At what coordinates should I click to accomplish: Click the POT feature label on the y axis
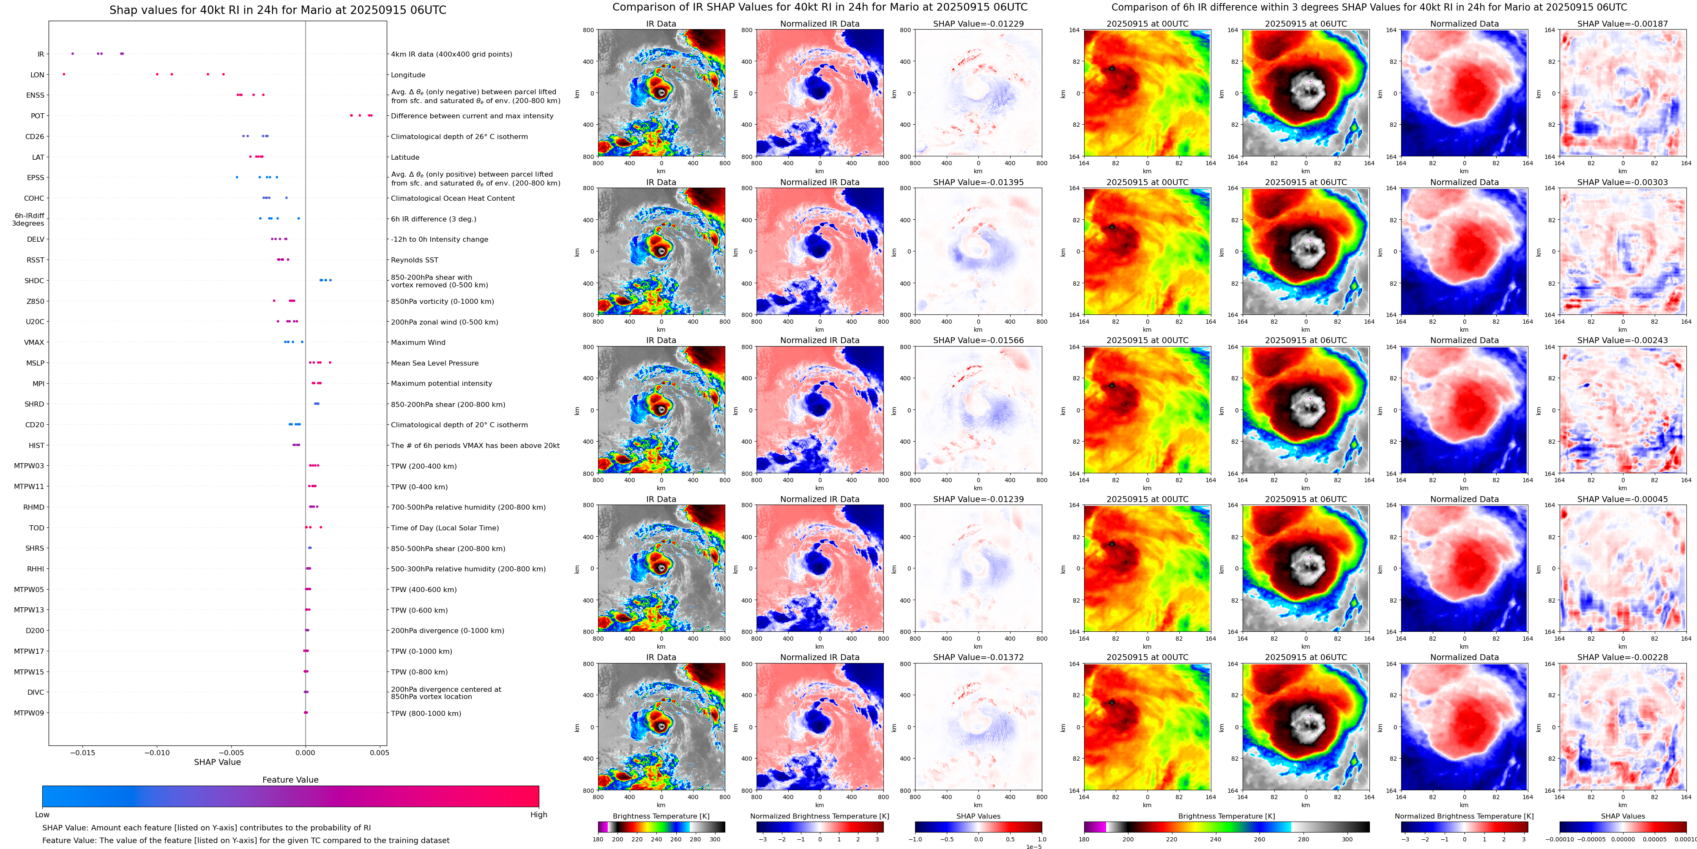pos(38,116)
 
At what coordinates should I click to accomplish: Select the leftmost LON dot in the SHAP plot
pos(64,74)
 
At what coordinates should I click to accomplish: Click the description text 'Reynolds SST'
pos(414,260)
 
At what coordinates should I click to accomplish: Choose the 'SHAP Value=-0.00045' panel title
pos(1623,499)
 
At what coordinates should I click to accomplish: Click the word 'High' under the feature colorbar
pos(538,815)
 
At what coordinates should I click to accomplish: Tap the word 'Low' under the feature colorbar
pos(42,815)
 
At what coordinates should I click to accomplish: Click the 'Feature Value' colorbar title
pos(290,780)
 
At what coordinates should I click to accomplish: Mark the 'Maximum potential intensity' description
pos(441,383)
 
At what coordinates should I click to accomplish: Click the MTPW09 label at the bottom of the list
pos(29,713)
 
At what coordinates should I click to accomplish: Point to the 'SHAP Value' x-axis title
pos(217,762)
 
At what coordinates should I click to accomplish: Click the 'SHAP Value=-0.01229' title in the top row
pos(978,24)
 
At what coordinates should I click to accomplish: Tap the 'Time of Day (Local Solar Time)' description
pos(445,527)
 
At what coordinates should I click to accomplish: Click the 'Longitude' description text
pos(408,75)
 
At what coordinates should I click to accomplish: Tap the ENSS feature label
pos(36,96)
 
